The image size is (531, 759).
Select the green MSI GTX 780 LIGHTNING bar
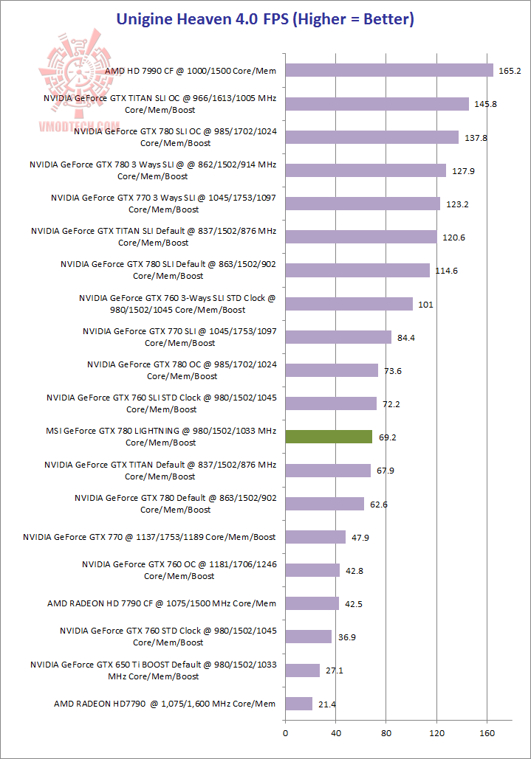(x=329, y=437)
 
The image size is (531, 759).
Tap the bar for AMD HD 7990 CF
(x=389, y=70)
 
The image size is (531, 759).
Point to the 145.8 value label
(x=486, y=104)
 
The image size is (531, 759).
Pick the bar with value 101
(x=349, y=304)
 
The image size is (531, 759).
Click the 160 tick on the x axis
(x=487, y=734)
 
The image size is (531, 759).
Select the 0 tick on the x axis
(x=285, y=734)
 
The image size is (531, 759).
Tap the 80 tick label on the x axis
(x=386, y=734)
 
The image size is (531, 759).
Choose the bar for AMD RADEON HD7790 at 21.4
(x=299, y=704)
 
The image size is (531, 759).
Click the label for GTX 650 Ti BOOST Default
(x=153, y=670)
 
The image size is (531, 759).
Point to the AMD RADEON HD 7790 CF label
(x=162, y=603)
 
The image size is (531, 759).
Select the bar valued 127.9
(x=366, y=170)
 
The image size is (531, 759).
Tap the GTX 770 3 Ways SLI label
(x=163, y=204)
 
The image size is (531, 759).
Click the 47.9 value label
(x=360, y=538)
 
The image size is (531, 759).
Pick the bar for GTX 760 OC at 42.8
(x=312, y=570)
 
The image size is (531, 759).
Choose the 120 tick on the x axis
(x=436, y=734)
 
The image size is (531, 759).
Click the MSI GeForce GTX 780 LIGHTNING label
(x=160, y=437)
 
